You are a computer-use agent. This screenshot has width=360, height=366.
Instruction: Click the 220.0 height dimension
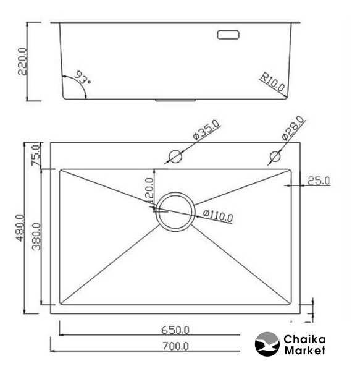pyautogui.click(x=22, y=61)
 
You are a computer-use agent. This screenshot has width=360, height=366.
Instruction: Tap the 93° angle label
pyautogui.click(x=83, y=78)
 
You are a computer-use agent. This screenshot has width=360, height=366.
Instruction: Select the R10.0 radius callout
pyautogui.click(x=272, y=82)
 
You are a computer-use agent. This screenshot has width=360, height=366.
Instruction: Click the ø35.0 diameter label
pyautogui.click(x=206, y=130)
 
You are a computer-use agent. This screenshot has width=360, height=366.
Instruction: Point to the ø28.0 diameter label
pyautogui.click(x=293, y=128)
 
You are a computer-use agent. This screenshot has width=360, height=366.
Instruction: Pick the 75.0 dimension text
pyautogui.click(x=36, y=155)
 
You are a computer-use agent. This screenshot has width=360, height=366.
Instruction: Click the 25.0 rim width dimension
pyautogui.click(x=319, y=181)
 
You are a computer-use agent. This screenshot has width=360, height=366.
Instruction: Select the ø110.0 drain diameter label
pyautogui.click(x=218, y=216)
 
